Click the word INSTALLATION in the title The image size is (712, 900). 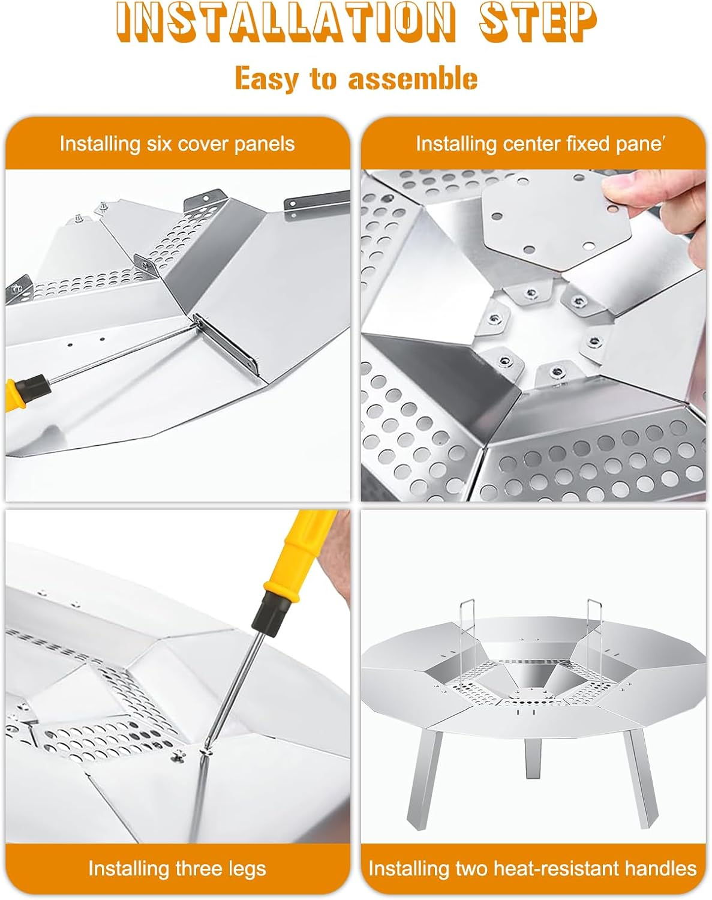pos(285,22)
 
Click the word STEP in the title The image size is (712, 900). pos(538,22)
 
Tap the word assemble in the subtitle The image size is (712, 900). pos(413,79)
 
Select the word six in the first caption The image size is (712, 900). pos(160,144)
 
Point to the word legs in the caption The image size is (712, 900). pos(247,868)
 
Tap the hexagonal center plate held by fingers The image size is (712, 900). pos(556,221)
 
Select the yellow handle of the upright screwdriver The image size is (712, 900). pos(302,551)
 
